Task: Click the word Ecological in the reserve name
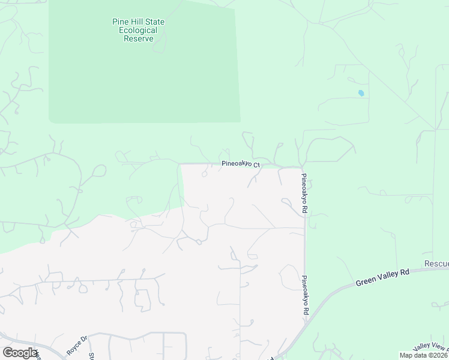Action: coord(138,31)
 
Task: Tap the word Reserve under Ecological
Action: coord(138,39)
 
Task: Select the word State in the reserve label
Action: coord(153,22)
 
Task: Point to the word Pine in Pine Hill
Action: coord(121,22)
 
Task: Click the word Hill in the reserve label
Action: coord(137,22)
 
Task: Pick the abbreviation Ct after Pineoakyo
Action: coord(256,165)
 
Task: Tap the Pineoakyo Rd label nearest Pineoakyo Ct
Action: coord(304,194)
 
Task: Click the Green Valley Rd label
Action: coord(382,277)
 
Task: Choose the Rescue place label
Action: coord(436,264)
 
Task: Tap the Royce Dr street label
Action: coord(77,346)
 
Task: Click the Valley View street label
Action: coord(431,347)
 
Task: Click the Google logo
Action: coord(20,353)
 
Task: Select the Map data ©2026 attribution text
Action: coord(423,355)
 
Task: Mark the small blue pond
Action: coord(361,93)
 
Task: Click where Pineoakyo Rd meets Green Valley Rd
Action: coord(306,322)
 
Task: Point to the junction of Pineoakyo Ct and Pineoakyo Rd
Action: coord(302,166)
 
